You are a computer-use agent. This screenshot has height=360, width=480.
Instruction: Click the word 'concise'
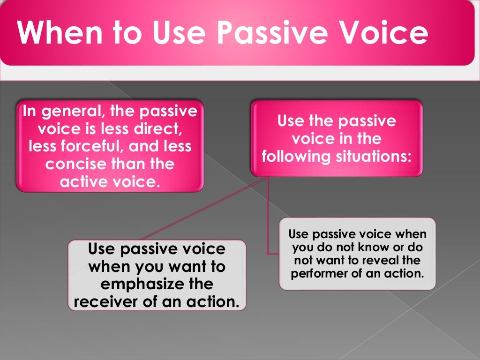[x=75, y=164]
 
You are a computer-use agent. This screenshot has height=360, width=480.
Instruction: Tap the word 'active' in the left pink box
[x=83, y=181]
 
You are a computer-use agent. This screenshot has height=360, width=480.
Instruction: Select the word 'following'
[x=296, y=156]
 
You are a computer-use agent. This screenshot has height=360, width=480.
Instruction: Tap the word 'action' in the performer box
[x=404, y=273]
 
